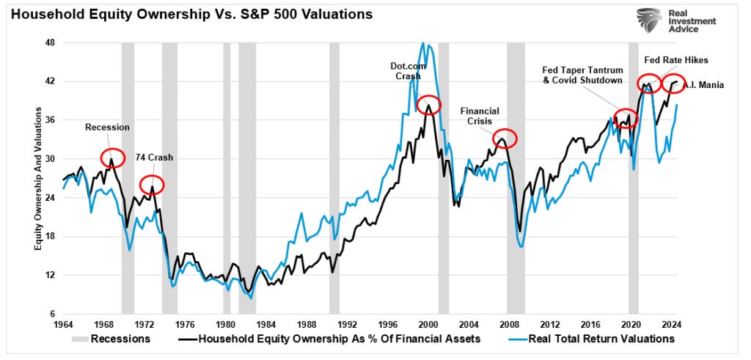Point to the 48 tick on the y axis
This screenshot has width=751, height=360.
click(50, 43)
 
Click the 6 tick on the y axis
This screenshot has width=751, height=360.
click(52, 314)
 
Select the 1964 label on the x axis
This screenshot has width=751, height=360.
click(63, 324)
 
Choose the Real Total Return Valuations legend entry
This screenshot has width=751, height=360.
click(591, 339)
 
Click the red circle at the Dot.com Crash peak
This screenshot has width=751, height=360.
click(428, 105)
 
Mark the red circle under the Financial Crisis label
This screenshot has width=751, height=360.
click(505, 137)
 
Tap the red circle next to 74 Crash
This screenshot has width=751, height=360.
click(151, 185)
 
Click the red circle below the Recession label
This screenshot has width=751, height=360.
click(111, 156)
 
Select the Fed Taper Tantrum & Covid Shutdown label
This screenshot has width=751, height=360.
click(582, 75)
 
